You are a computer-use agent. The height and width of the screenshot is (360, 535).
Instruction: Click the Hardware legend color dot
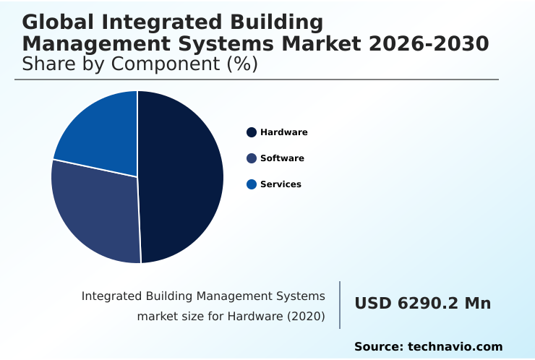[252, 132]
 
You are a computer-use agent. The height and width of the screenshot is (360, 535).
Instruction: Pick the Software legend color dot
[252, 158]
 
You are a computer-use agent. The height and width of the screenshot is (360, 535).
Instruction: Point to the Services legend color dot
[252, 184]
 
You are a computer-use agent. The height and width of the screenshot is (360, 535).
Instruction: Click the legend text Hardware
[283, 132]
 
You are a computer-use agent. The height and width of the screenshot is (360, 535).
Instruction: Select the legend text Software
[282, 158]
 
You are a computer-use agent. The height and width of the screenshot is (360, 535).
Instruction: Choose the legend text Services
[281, 184]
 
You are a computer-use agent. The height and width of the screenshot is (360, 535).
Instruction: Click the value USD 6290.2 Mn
[422, 304]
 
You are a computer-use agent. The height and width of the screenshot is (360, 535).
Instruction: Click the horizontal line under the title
[257, 80]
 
